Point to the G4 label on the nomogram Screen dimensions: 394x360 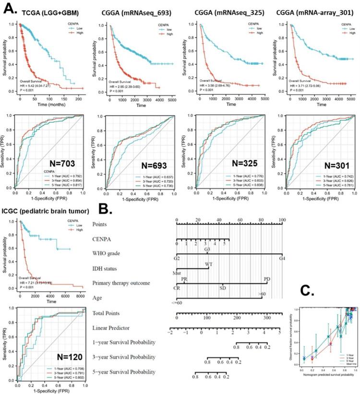tap(281, 258)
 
